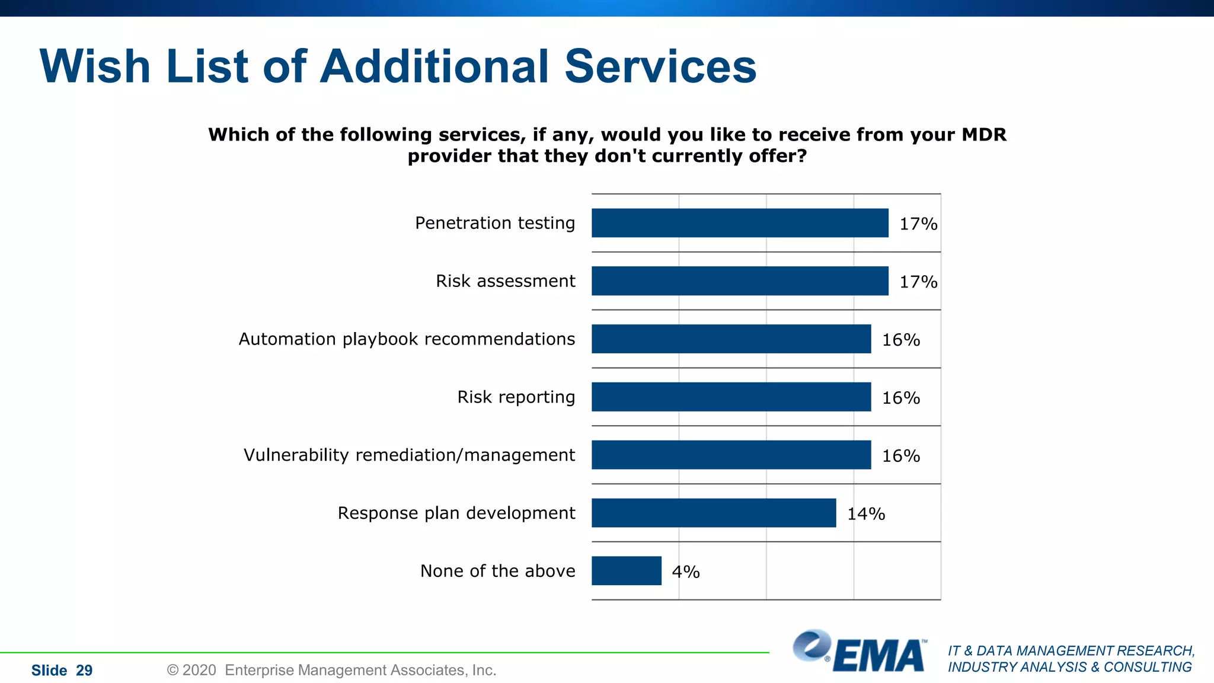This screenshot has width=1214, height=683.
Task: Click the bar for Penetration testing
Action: pos(740,223)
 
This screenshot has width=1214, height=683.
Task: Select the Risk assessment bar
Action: pos(740,281)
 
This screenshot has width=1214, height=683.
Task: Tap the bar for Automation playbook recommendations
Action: pos(731,339)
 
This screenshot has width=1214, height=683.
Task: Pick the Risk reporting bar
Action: pos(731,397)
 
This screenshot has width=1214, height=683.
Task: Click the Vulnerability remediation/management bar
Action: pos(731,455)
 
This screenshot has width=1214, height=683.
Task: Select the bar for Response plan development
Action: pos(714,513)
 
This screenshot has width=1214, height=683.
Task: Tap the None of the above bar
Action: pos(626,571)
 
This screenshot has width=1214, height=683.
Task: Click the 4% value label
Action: pos(685,572)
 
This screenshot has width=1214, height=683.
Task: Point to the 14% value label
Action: pos(865,514)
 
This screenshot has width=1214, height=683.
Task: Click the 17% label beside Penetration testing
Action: pos(918,224)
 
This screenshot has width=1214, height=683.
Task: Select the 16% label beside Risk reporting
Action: pos(900,398)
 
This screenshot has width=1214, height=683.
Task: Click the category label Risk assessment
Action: pos(505,281)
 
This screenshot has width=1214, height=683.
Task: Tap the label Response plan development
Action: pos(456,513)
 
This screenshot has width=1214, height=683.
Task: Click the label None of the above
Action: pos(497,571)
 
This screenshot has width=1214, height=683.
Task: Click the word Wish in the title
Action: pos(95,66)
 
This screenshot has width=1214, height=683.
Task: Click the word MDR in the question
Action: pos(983,135)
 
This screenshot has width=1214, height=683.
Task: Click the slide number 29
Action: pos(84,671)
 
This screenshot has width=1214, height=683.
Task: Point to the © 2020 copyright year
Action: pos(199,670)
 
